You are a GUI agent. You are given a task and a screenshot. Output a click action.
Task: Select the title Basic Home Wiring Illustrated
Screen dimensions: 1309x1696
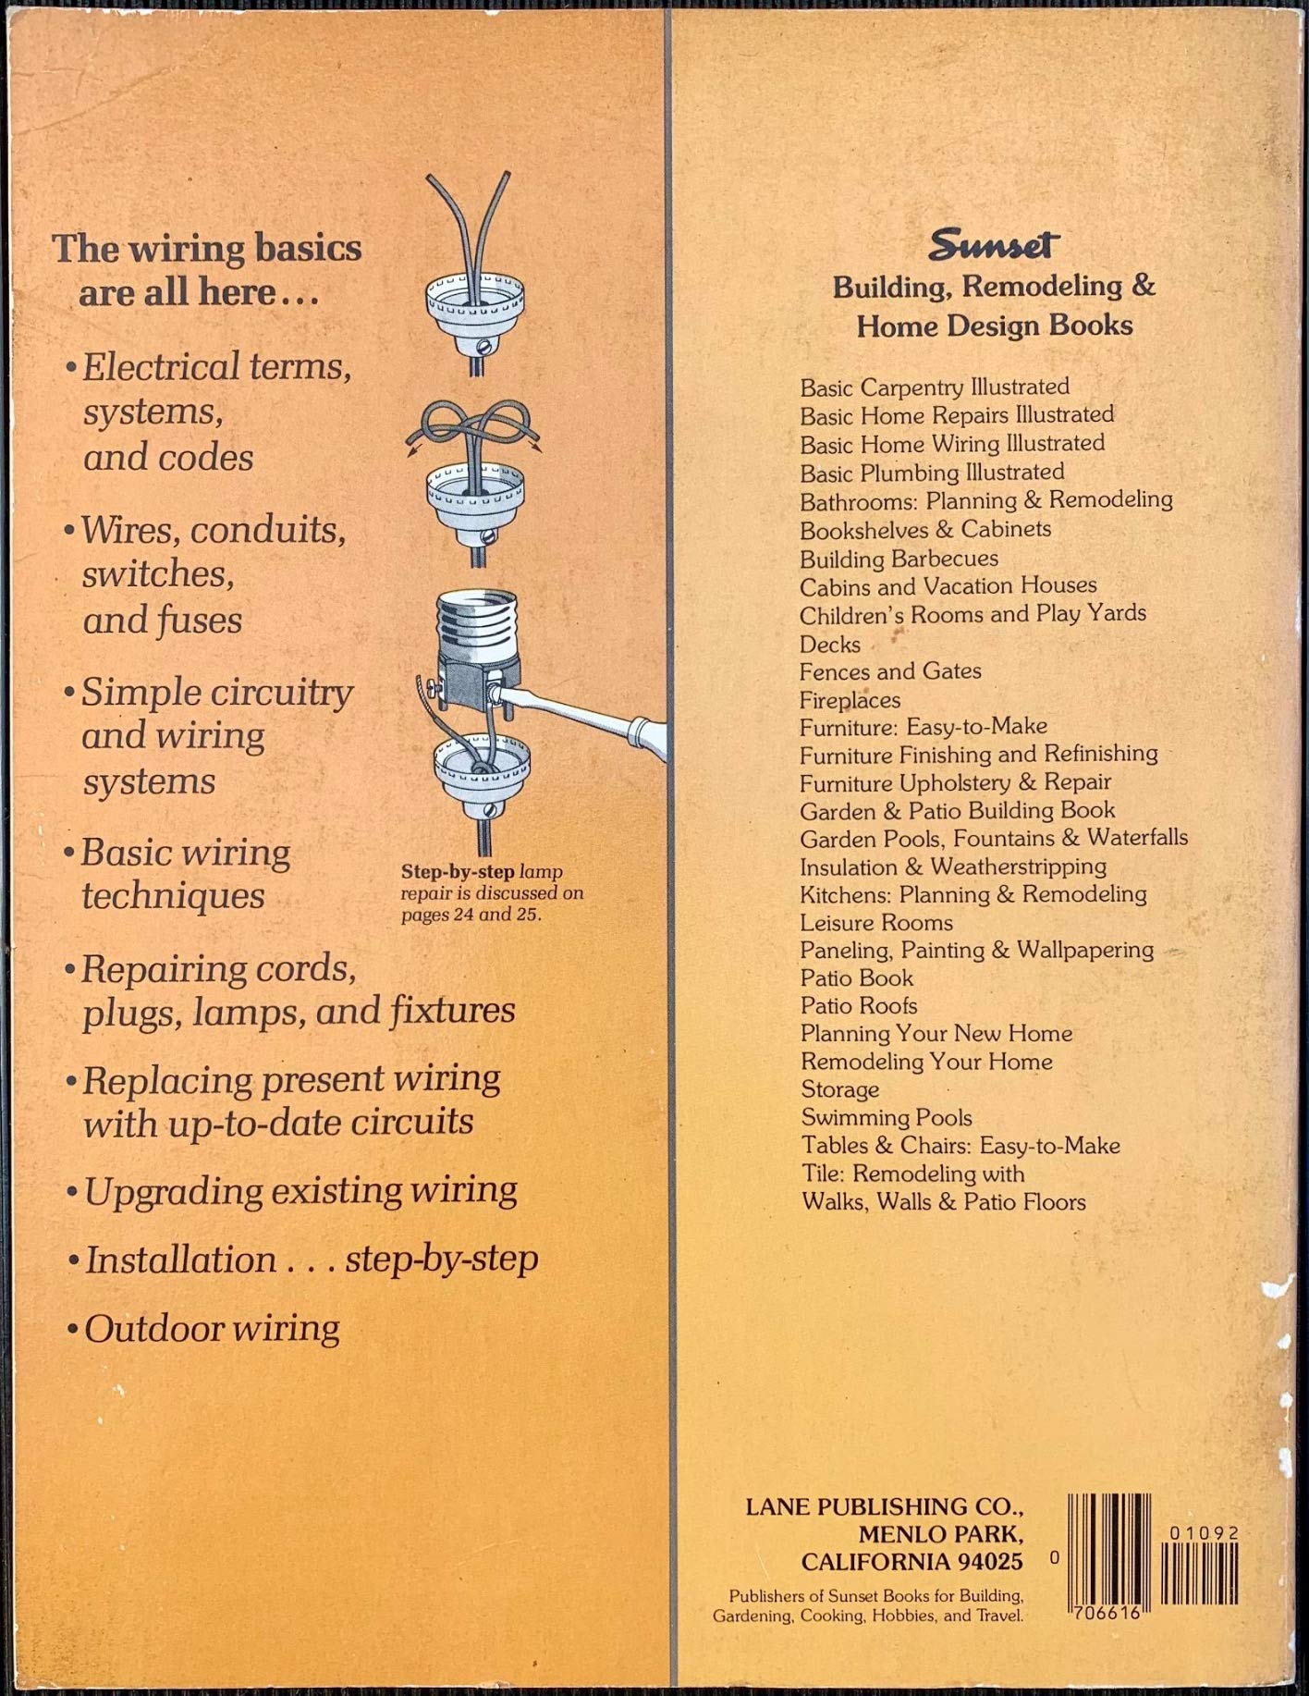point(952,444)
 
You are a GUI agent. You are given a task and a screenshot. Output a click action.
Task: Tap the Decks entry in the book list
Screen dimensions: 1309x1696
point(830,645)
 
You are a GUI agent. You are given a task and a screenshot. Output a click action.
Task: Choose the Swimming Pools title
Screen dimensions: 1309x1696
point(887,1118)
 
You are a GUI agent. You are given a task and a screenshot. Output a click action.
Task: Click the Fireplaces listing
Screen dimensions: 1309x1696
point(850,700)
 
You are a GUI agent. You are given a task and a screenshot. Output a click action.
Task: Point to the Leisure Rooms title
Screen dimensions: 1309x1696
point(876,923)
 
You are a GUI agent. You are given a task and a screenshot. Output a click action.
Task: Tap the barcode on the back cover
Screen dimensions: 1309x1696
point(1153,1558)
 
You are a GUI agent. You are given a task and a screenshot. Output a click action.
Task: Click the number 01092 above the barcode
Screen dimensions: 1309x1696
point(1204,1533)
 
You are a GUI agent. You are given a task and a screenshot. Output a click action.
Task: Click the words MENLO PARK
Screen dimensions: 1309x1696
point(940,1534)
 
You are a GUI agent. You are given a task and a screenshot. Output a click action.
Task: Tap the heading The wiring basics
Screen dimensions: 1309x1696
point(206,248)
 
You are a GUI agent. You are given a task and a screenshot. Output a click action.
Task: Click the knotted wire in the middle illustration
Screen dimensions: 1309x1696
point(473,428)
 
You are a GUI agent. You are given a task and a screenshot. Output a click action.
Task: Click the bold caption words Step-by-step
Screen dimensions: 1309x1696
point(458,872)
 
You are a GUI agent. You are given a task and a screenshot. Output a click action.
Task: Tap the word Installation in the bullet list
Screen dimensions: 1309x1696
point(181,1260)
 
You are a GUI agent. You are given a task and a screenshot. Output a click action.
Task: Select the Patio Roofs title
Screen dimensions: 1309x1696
point(859,1006)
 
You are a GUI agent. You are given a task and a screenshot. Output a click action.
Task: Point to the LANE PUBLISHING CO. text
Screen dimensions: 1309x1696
point(885,1506)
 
